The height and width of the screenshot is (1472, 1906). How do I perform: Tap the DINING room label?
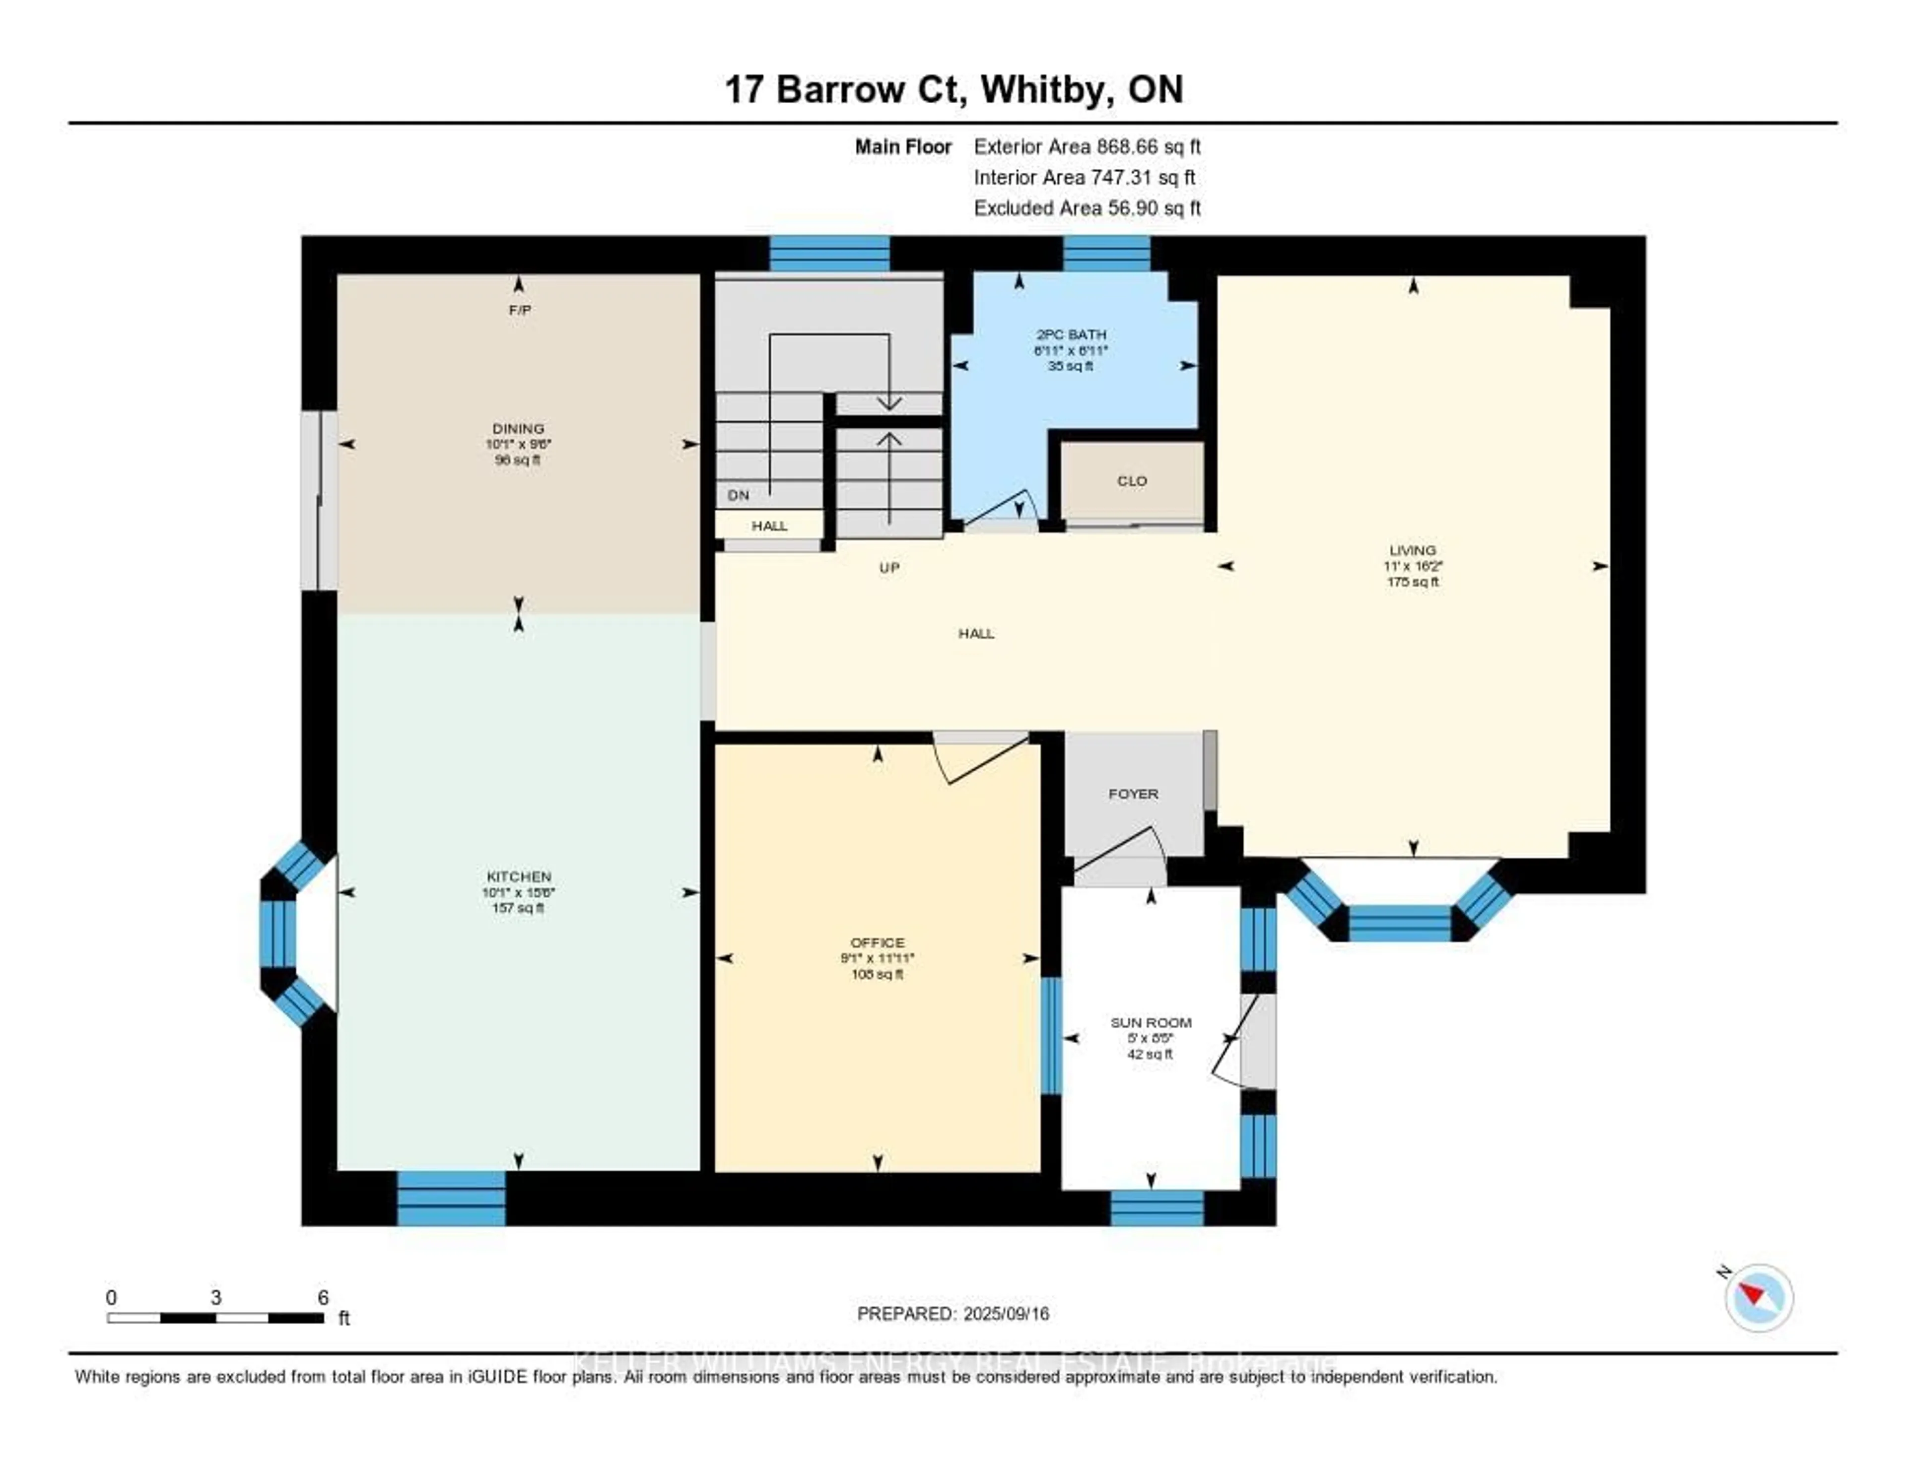pyautogui.click(x=518, y=428)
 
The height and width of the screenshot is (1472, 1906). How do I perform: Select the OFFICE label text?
pyautogui.click(x=877, y=942)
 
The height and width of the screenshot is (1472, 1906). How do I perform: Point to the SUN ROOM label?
pyautogui.click(x=1150, y=1023)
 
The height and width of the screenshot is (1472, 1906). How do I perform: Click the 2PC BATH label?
pyautogui.click(x=1071, y=334)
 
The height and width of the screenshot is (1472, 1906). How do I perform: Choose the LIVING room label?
pyautogui.click(x=1412, y=550)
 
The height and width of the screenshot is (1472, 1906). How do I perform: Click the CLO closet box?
pyautogui.click(x=1132, y=481)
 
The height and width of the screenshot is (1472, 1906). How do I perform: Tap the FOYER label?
pyautogui.click(x=1133, y=794)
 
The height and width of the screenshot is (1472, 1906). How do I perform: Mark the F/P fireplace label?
pyautogui.click(x=520, y=310)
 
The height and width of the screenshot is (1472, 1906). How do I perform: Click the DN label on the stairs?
pyautogui.click(x=738, y=495)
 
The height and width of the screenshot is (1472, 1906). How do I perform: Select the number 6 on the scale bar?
pyautogui.click(x=323, y=1297)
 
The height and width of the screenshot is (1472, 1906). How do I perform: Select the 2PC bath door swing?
pyautogui.click(x=1004, y=511)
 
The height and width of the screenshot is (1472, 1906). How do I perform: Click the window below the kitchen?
pyautogui.click(x=451, y=1197)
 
